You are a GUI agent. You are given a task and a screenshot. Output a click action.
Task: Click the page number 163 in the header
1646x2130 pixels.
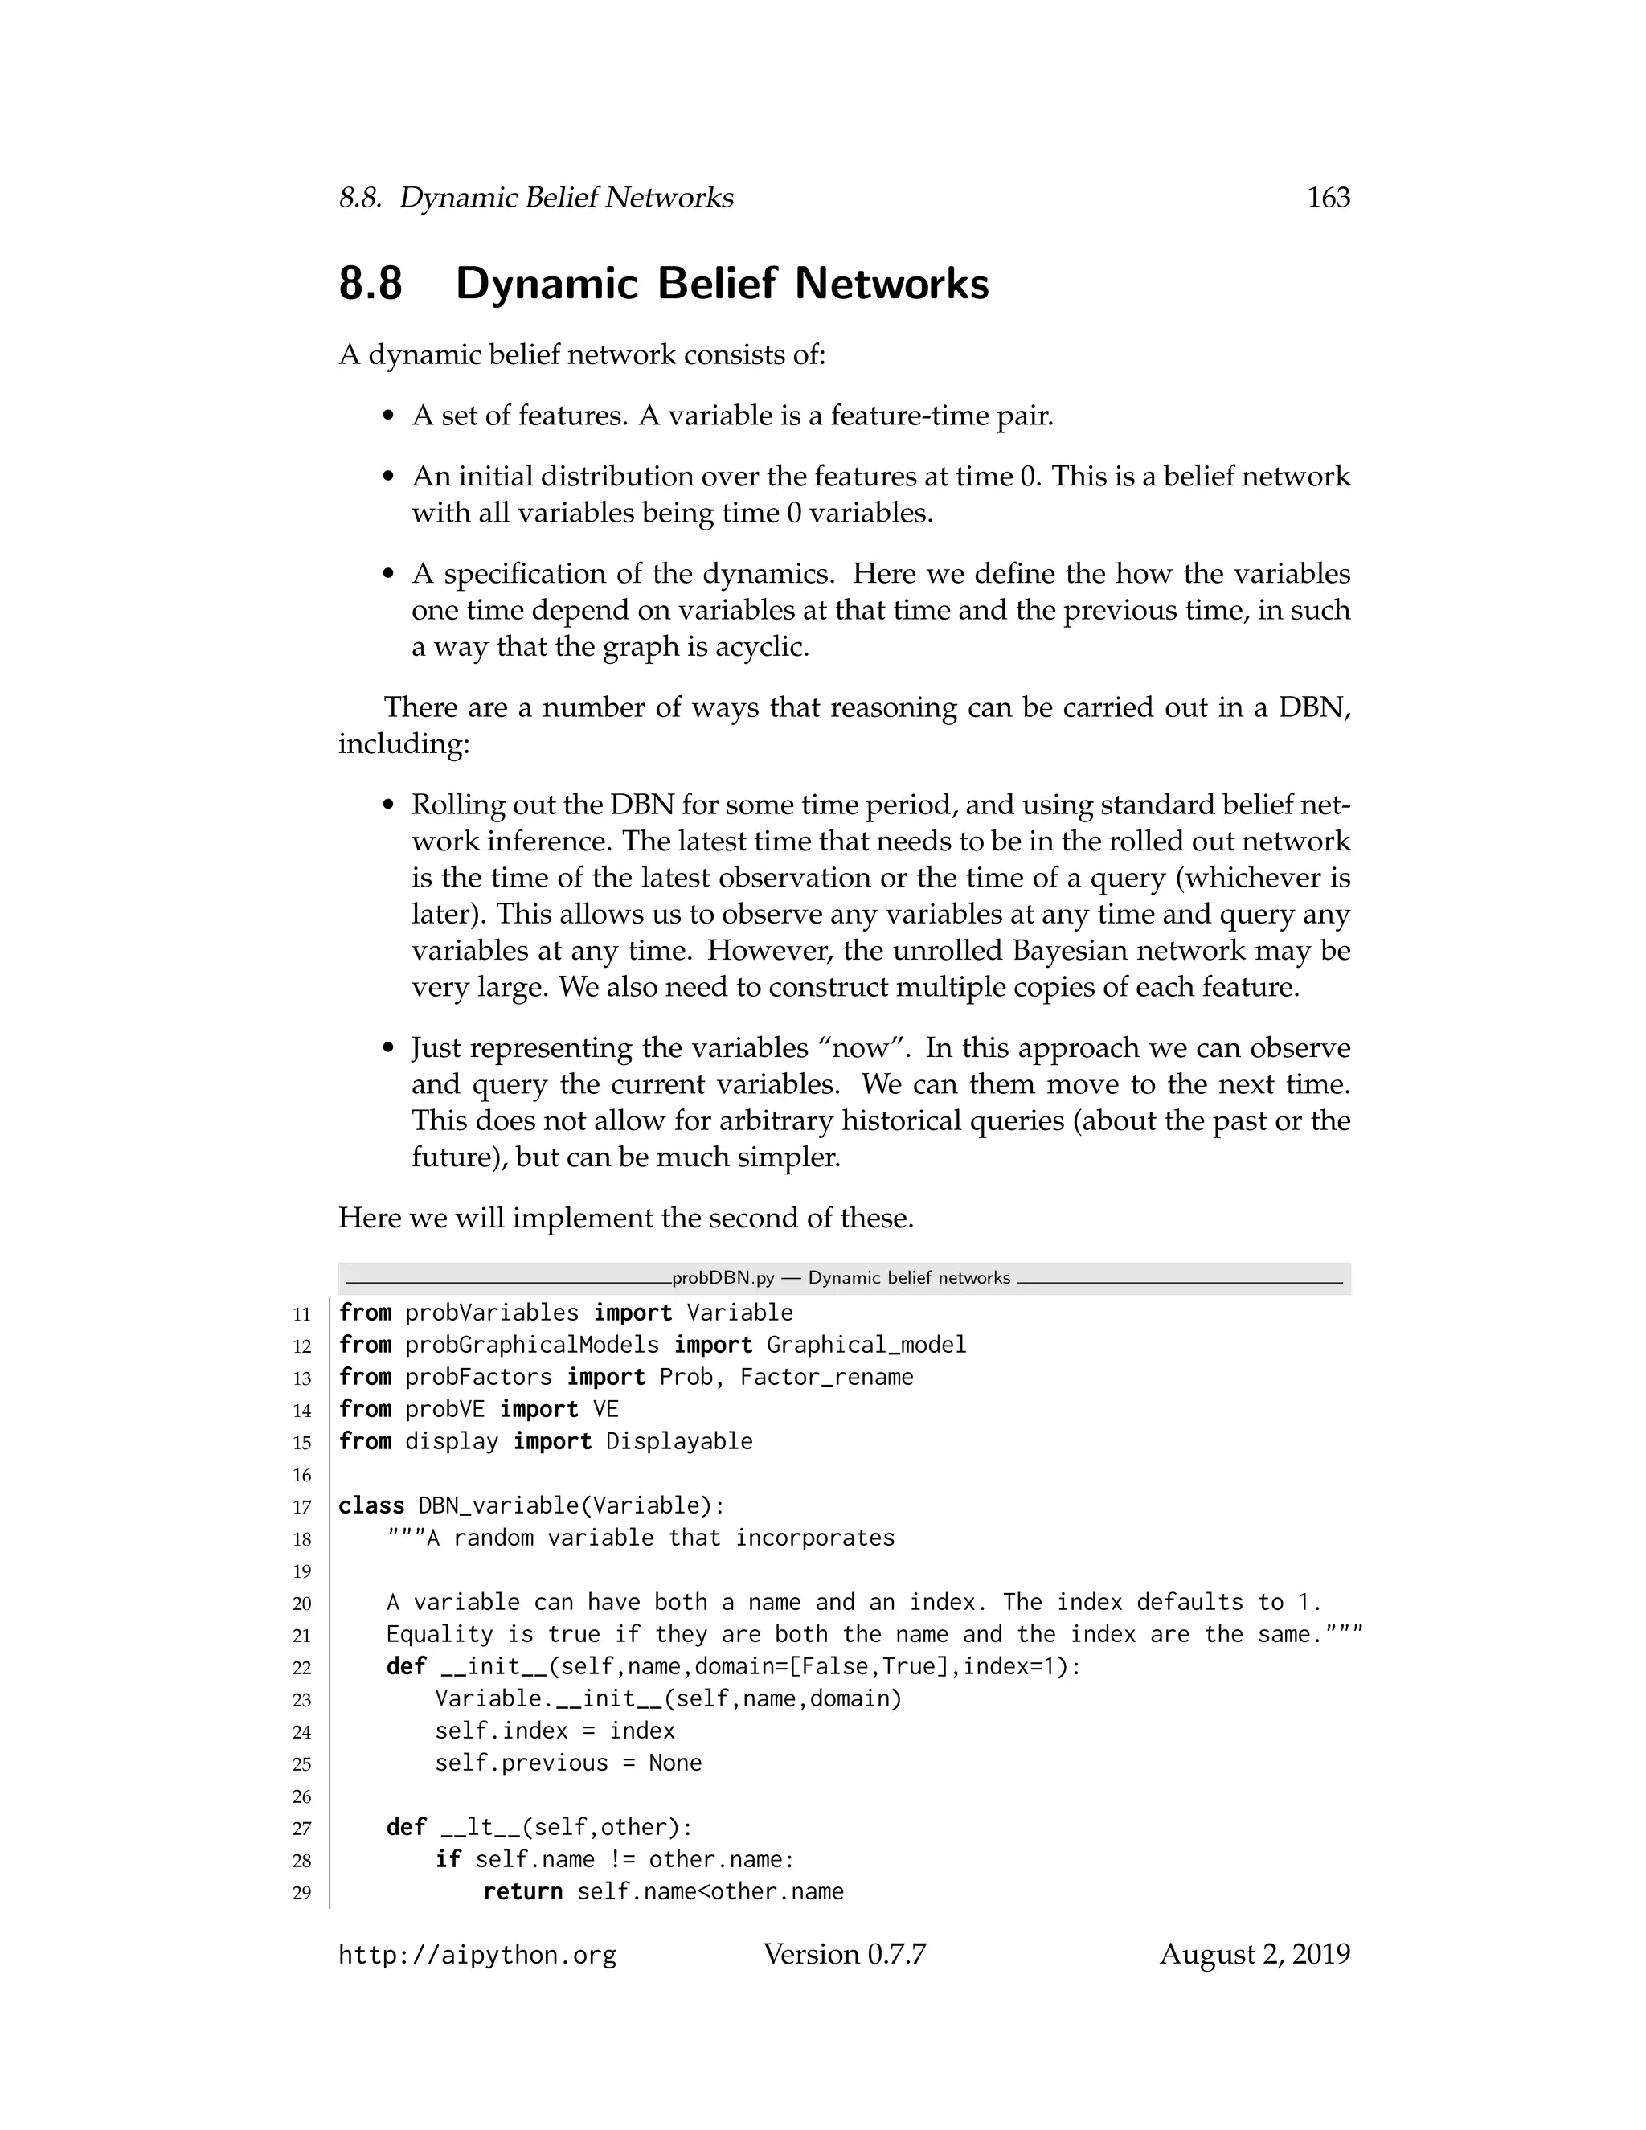(x=1327, y=198)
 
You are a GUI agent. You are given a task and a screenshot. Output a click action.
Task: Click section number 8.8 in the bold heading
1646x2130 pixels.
(x=371, y=284)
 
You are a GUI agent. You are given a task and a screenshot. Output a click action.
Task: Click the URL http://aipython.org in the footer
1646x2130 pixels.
(x=477, y=1956)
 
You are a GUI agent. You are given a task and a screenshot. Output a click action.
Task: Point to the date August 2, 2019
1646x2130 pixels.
(x=1254, y=1955)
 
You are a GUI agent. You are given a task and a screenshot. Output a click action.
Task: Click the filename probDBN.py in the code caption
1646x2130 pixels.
(x=723, y=1279)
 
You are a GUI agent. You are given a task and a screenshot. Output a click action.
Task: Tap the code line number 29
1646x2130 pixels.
(x=301, y=1894)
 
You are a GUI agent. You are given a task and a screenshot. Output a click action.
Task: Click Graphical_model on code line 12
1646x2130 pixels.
(x=866, y=1345)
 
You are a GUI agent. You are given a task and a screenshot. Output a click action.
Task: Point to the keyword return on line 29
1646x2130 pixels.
(x=522, y=1892)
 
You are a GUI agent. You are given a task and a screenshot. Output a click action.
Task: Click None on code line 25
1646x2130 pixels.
(x=675, y=1763)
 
